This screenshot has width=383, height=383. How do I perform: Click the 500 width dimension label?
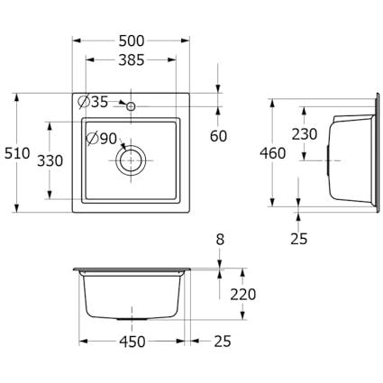132,41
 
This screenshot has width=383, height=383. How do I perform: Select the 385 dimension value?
132,60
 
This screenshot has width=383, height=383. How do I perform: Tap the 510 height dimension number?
17,153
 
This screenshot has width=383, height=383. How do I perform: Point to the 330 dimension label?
50,160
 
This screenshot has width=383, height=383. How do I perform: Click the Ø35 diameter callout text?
93,102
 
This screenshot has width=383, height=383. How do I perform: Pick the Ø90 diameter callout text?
102,139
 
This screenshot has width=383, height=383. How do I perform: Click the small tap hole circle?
131,106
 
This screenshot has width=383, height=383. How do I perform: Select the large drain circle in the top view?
131,160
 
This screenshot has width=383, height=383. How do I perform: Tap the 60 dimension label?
218,136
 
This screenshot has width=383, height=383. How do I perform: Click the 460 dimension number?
273,153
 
